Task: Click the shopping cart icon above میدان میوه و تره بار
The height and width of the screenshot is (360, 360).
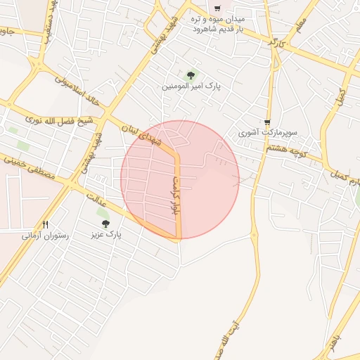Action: pyautogui.click(x=218, y=8)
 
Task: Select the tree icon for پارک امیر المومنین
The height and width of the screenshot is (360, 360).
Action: pyautogui.click(x=188, y=74)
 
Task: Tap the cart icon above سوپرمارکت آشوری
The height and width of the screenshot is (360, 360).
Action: pyautogui.click(x=267, y=122)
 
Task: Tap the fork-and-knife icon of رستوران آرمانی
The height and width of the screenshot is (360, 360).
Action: pyautogui.click(x=46, y=224)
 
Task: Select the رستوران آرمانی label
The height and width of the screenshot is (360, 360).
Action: pyautogui.click(x=45, y=236)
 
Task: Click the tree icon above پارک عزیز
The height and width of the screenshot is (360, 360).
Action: pyautogui.click(x=105, y=224)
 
